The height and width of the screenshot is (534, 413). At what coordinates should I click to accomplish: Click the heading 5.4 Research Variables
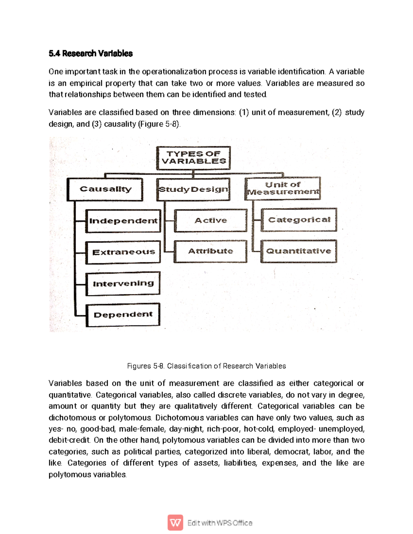point(91,54)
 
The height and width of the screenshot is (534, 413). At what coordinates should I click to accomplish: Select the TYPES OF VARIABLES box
point(193,158)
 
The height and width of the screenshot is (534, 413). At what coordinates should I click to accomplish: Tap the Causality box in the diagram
point(105,189)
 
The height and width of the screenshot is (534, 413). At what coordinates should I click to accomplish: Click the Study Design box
point(193,189)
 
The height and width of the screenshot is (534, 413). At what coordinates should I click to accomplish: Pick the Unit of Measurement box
point(283,188)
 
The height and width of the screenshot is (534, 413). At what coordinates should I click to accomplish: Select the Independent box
point(123,221)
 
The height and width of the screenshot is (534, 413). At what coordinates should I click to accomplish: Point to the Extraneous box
point(123,252)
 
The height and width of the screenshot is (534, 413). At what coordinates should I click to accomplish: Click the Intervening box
point(123,284)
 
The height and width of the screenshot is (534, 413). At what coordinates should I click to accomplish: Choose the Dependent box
point(123,315)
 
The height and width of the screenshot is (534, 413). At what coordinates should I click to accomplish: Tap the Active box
point(211,220)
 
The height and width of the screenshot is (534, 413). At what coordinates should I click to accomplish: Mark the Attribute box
point(210,251)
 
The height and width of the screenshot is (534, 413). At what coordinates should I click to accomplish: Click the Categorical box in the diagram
point(299,220)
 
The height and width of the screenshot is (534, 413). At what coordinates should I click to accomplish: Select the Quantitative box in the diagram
point(298,251)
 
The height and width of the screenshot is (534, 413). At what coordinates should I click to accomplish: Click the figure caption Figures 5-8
point(206,366)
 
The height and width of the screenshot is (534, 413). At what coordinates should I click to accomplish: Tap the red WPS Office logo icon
point(175,523)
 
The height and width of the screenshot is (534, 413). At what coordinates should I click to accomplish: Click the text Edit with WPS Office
point(220,523)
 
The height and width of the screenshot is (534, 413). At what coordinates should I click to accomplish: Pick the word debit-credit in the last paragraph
point(69,440)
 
